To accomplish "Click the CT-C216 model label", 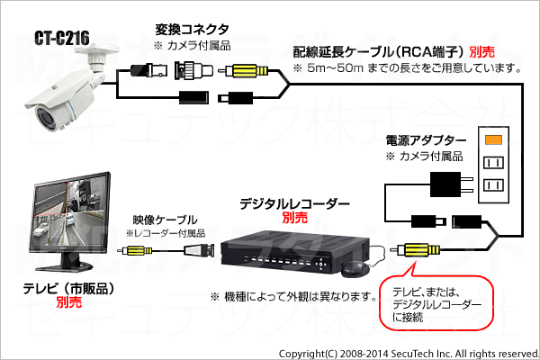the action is pyautogui.click(x=62, y=38).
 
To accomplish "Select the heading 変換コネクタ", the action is pyautogui.click(x=192, y=30).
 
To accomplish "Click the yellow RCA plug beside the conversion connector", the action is pyautogui.click(x=244, y=71).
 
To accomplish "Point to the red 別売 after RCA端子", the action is pyautogui.click(x=482, y=52).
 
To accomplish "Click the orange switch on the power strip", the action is pyautogui.click(x=493, y=139).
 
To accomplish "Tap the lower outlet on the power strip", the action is pyautogui.click(x=493, y=185).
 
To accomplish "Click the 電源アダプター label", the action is pyautogui.click(x=426, y=140).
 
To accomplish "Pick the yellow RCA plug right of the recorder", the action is pyautogui.click(x=418, y=250).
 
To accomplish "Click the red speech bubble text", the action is pyautogui.click(x=436, y=304).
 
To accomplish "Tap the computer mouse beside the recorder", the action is pyautogui.click(x=355, y=269).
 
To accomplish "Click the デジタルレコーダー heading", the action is pyautogui.click(x=295, y=204).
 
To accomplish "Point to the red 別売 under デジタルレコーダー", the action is pyautogui.click(x=295, y=218).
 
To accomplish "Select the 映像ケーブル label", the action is pyautogui.click(x=166, y=220).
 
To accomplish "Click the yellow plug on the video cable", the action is pyautogui.click(x=135, y=250).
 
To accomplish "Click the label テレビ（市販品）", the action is pyautogui.click(x=69, y=289).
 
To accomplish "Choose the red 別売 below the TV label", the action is pyautogui.click(x=69, y=302).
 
